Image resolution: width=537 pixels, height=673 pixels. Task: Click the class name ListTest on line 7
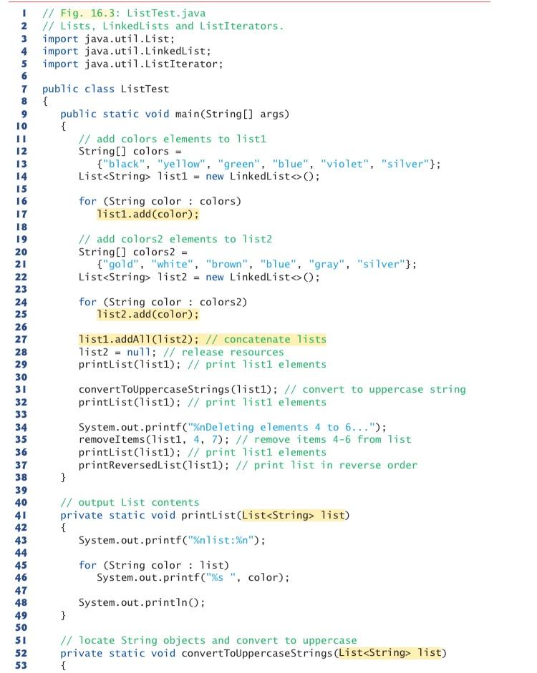[x=147, y=89]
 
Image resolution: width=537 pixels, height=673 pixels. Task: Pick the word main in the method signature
[x=189, y=114]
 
